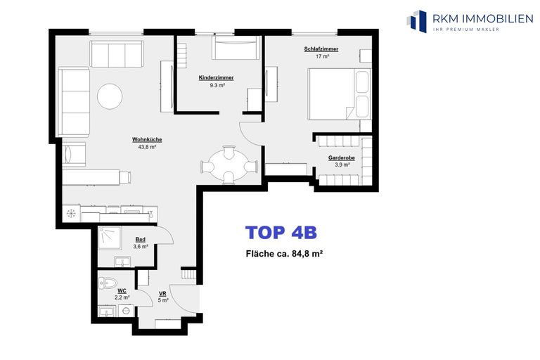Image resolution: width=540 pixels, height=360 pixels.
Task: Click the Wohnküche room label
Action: (x=147, y=139)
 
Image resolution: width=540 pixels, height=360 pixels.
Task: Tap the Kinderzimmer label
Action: (x=216, y=78)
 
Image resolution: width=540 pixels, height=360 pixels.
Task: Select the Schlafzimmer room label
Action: (x=321, y=49)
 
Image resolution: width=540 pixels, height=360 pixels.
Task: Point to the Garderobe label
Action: (x=341, y=157)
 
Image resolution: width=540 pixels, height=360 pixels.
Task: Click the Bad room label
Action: (x=140, y=240)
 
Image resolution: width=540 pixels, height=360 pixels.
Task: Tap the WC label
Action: (x=122, y=291)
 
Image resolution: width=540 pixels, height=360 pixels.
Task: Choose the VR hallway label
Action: (x=162, y=293)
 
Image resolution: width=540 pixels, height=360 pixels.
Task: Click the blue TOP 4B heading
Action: (x=281, y=233)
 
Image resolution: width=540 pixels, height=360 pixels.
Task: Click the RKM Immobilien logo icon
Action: (x=416, y=20)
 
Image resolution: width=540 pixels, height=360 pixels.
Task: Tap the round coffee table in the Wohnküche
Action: (x=110, y=96)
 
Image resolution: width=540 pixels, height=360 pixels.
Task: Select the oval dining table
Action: (x=229, y=165)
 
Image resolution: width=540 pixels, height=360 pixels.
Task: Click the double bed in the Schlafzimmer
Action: (x=339, y=94)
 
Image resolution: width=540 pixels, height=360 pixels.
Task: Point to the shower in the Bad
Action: (x=110, y=238)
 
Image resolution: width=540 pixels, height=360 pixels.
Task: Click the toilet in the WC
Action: (x=108, y=283)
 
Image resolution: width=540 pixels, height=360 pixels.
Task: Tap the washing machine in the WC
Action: (x=127, y=311)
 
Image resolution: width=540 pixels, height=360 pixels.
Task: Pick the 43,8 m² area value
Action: (x=147, y=147)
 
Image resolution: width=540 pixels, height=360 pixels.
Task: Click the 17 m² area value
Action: (x=322, y=56)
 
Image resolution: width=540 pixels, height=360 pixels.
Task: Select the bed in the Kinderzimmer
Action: (x=236, y=48)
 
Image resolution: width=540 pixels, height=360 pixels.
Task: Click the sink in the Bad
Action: (x=122, y=262)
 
